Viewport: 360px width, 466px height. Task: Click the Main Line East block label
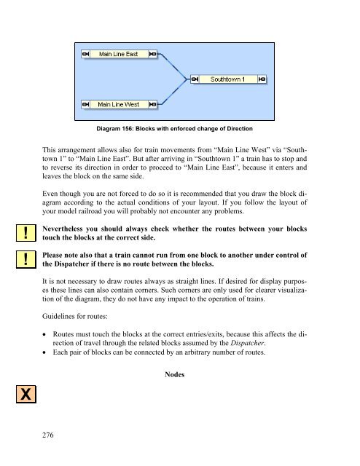(x=118, y=54)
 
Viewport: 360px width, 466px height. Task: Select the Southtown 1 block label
(x=227, y=79)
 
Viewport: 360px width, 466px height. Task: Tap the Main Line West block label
(x=118, y=105)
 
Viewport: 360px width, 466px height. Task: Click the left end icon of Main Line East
(x=86, y=54)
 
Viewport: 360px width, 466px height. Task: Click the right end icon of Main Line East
(x=152, y=54)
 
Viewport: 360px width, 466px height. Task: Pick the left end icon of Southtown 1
(x=195, y=79)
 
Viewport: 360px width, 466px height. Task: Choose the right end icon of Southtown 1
(x=262, y=79)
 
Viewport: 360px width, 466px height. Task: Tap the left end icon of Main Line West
(x=86, y=105)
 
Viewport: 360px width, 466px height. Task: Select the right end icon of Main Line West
(x=152, y=105)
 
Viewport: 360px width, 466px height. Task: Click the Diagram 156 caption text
(x=174, y=129)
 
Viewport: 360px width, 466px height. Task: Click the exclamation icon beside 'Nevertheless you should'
(x=26, y=233)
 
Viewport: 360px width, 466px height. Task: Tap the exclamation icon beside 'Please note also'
(x=26, y=259)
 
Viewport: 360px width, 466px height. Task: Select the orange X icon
(x=26, y=395)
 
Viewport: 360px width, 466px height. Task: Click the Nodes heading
(x=175, y=374)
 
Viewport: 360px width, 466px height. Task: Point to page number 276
(x=48, y=435)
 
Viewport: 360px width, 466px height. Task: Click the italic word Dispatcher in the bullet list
(x=247, y=343)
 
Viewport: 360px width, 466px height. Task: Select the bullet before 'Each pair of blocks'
(x=44, y=352)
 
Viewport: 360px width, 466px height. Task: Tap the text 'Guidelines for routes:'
(x=75, y=316)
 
